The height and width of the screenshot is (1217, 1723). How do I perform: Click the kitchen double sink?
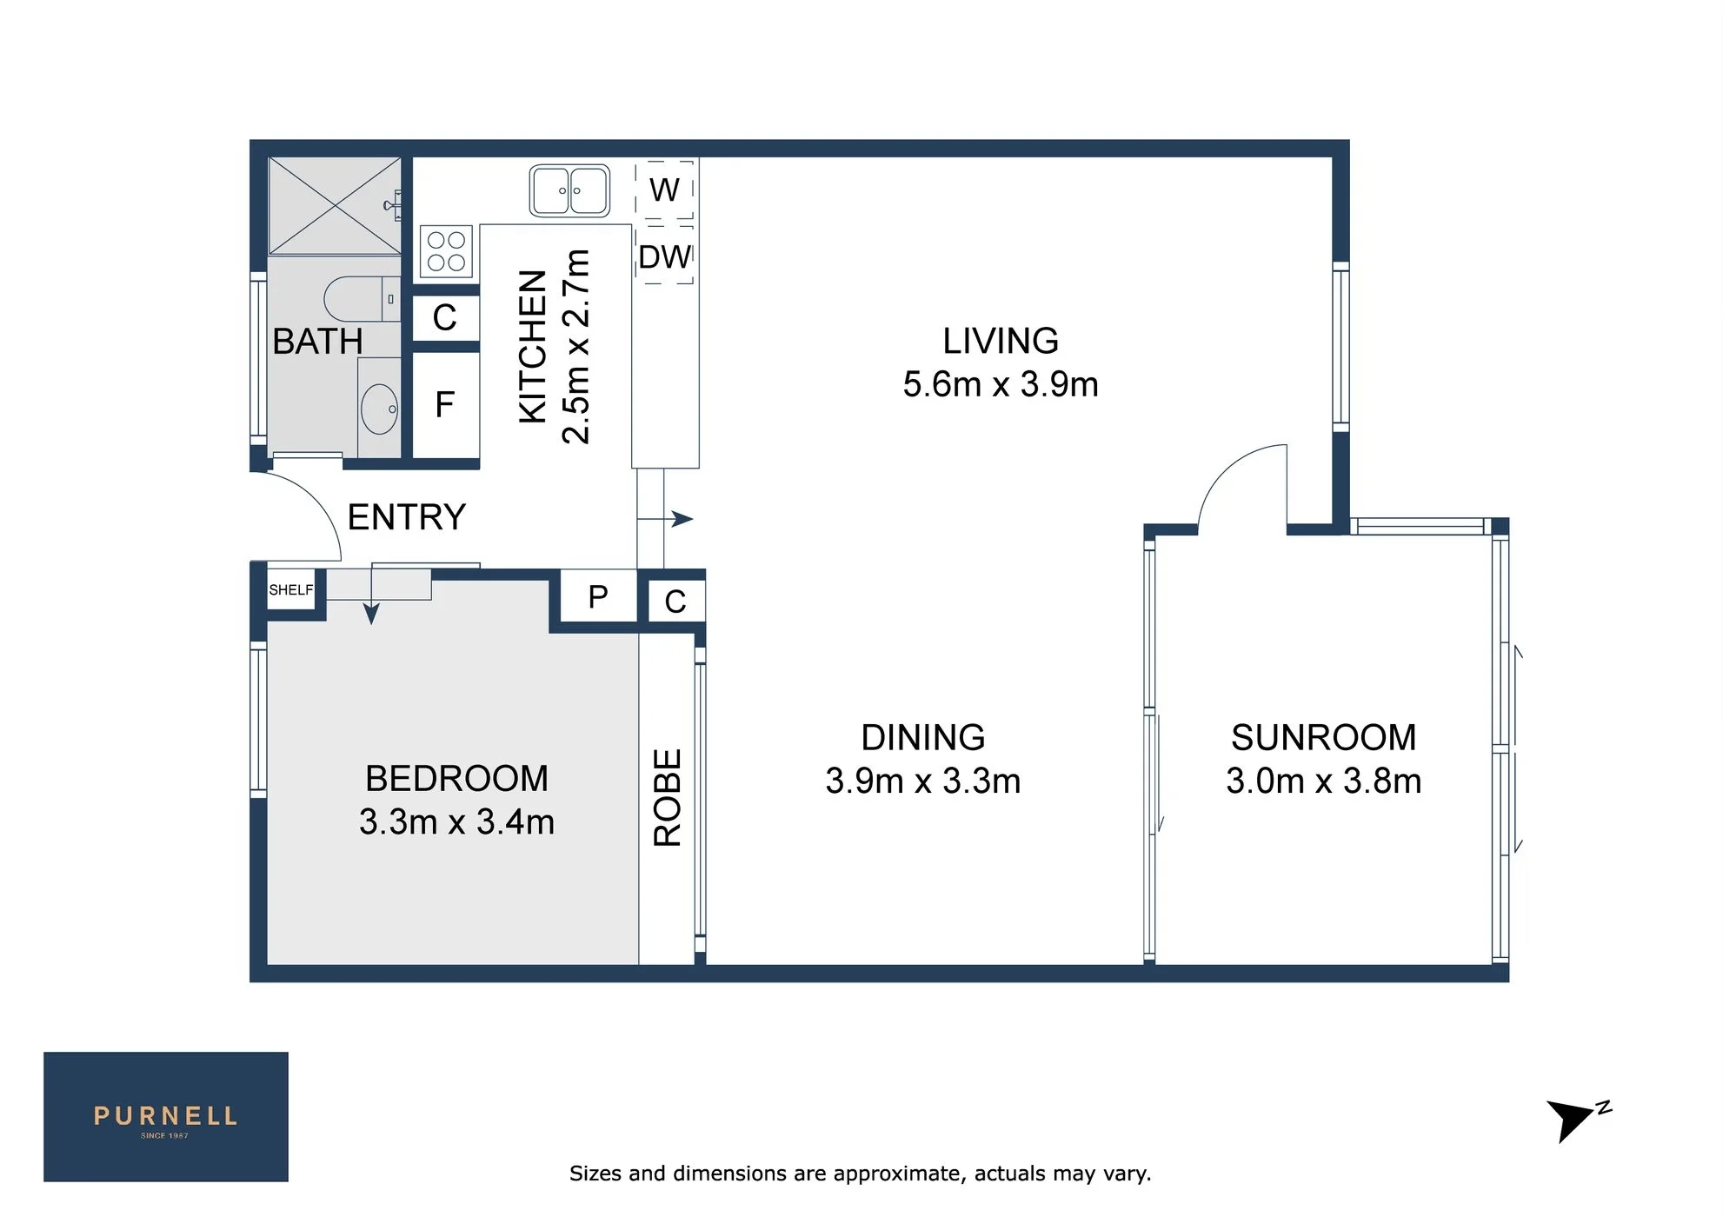click(569, 190)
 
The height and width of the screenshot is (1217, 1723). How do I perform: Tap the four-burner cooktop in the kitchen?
click(446, 251)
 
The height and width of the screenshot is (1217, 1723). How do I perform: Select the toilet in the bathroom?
click(362, 299)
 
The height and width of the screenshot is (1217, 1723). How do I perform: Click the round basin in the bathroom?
click(379, 409)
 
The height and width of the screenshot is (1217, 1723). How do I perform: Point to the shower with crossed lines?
click(335, 206)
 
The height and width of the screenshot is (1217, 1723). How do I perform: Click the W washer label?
click(664, 190)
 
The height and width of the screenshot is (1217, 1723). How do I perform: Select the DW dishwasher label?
click(665, 257)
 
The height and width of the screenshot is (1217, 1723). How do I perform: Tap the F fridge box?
click(445, 404)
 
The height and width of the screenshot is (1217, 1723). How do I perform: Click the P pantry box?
click(598, 596)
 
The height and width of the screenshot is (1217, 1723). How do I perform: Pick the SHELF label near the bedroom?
click(291, 590)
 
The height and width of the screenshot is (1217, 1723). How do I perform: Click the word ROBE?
click(668, 798)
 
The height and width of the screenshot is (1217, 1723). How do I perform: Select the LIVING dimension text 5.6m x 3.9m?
click(1001, 384)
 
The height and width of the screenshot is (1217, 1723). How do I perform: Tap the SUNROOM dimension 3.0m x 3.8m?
click(1324, 781)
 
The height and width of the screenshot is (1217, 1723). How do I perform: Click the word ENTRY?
click(407, 517)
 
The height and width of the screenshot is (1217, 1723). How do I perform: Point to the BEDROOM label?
click(456, 778)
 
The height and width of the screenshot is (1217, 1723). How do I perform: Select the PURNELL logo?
click(166, 1117)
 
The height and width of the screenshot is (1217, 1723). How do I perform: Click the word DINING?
click(923, 737)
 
